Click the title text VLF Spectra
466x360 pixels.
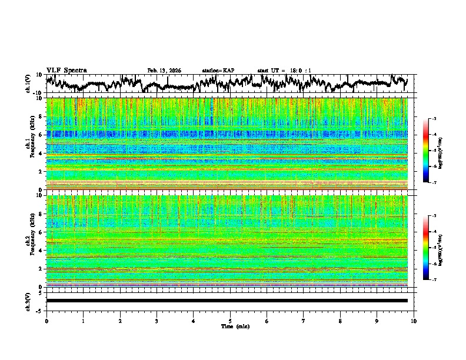(66, 71)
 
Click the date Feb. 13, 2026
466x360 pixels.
(164, 71)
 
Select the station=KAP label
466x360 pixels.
(218, 71)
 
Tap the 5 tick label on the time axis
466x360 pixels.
(230, 321)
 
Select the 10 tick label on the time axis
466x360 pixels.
(414, 321)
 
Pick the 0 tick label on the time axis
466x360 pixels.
(46, 321)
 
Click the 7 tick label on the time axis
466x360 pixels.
(304, 321)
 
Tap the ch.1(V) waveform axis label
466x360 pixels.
(29, 84)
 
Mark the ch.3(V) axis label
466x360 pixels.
(29, 301)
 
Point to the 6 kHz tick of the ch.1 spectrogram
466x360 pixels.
(42, 135)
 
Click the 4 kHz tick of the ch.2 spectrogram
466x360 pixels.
(42, 250)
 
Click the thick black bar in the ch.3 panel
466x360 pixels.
(227, 301)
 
